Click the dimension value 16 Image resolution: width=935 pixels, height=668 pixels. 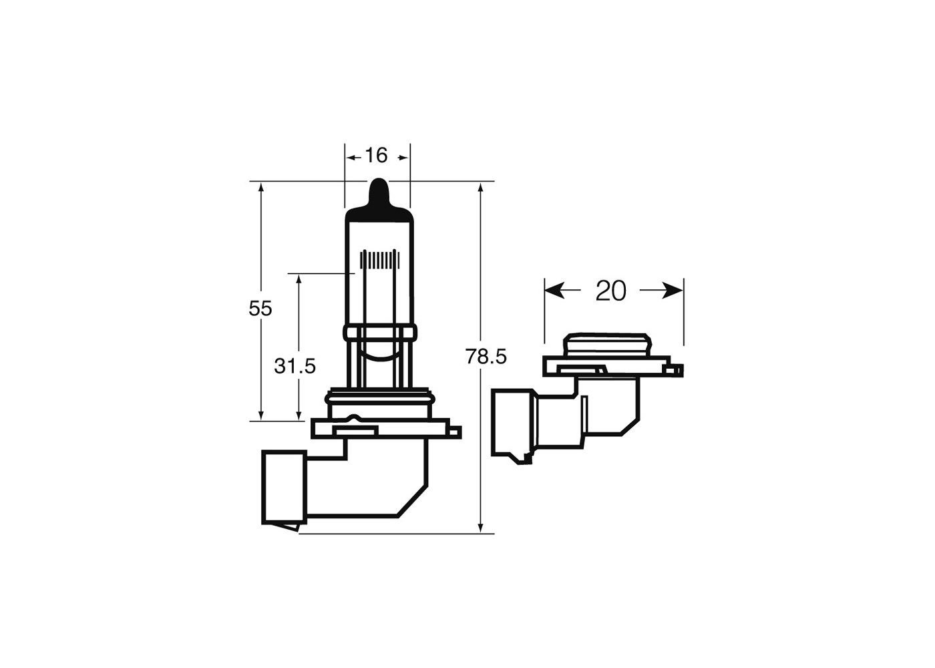(376, 156)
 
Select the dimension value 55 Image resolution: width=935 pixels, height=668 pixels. (260, 309)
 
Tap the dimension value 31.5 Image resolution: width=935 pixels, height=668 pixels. (295, 366)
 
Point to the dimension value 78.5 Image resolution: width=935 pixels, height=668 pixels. (486, 357)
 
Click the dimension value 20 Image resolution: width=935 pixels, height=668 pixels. (611, 291)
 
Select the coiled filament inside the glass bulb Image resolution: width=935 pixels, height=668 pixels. (379, 259)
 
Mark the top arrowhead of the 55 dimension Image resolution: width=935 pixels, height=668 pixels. (261, 188)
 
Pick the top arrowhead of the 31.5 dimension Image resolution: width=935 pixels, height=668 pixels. (299, 281)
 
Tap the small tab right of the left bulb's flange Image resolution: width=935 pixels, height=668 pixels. (455, 432)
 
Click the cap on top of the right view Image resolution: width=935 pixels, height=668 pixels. (606, 345)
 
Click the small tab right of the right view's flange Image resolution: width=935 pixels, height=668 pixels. (677, 369)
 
